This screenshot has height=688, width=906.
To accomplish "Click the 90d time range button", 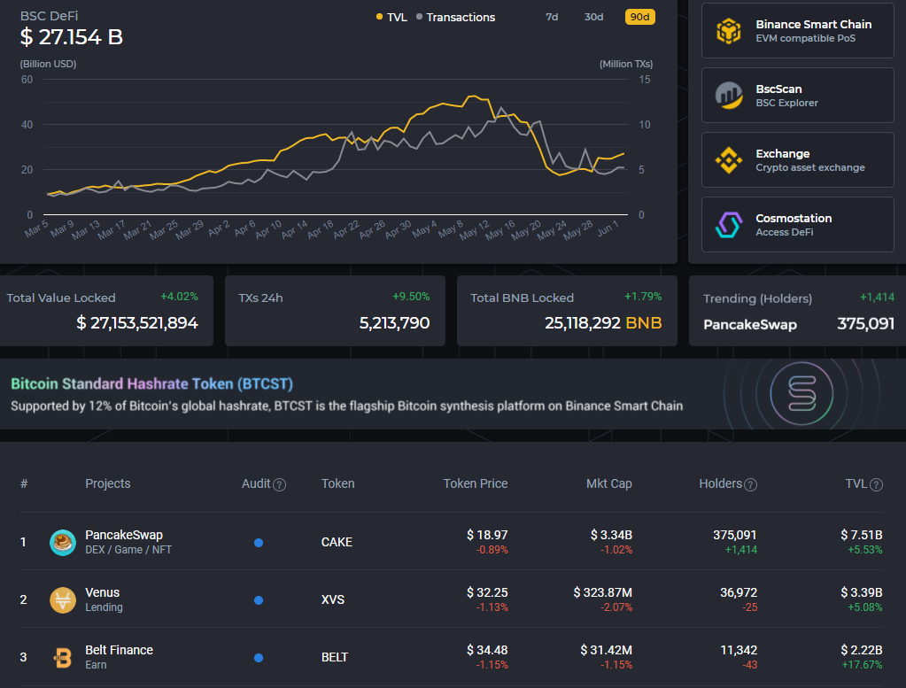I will (x=639, y=17).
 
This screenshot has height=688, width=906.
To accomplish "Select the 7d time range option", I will (x=552, y=17).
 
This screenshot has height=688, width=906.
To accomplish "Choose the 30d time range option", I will (x=593, y=17).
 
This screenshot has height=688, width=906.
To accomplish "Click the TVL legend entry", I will (x=392, y=17).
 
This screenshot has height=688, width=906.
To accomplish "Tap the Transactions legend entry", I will (x=456, y=17).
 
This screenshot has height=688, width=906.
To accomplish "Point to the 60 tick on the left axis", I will (x=27, y=80).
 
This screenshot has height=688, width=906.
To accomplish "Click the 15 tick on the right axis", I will (x=645, y=80).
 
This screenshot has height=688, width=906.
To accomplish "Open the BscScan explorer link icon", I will (x=729, y=95).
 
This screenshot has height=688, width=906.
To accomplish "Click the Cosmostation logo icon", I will (x=729, y=224).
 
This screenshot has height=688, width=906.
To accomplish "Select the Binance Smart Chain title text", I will (x=813, y=25).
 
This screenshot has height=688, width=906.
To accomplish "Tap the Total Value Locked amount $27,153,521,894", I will (x=137, y=323).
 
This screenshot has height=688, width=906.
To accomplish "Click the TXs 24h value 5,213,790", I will (x=394, y=323).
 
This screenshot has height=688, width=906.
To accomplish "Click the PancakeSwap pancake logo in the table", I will (x=63, y=542).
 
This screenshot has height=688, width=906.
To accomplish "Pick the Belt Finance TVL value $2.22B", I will (x=861, y=650).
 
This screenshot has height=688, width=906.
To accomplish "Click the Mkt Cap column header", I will (x=608, y=483).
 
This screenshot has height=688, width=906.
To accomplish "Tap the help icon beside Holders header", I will (x=750, y=484).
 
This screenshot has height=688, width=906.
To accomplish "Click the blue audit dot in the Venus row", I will (x=259, y=600).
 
